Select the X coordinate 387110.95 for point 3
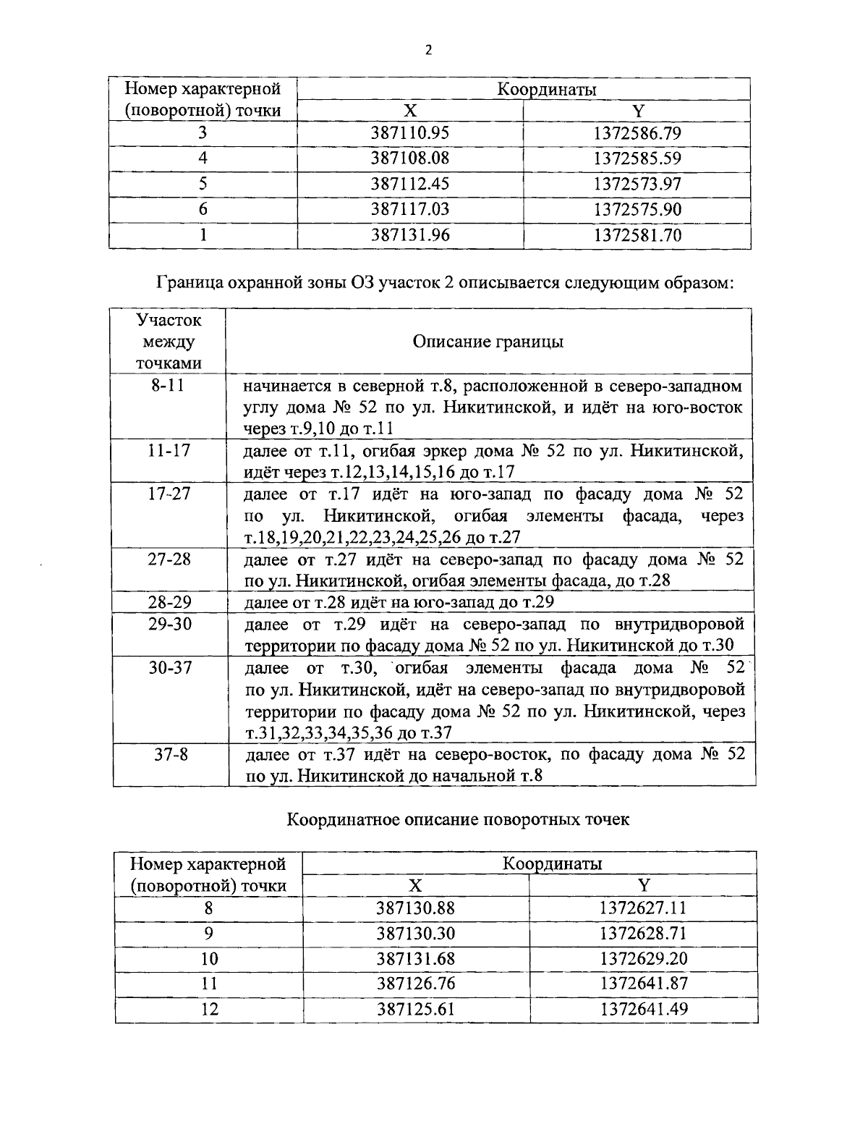[410, 133]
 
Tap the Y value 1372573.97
[637, 184]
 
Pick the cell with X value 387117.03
[410, 209]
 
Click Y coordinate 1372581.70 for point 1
[637, 235]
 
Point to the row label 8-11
[169, 385]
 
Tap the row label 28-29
[169, 601]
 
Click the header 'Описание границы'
[488, 342]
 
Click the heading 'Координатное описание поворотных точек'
[458, 819]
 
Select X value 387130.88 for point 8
[416, 908]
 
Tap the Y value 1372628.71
[643, 933]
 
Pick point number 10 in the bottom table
[209, 959]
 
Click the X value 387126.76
[416, 984]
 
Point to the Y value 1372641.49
[643, 1009]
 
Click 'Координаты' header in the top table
[546, 89]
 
